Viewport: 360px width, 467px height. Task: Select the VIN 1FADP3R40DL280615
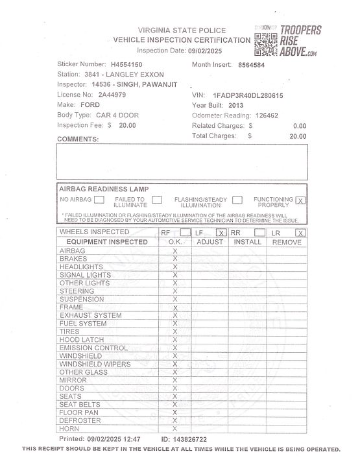tap(248, 95)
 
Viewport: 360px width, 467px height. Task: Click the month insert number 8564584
tap(252, 65)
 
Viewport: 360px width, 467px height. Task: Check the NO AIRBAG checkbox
tap(99, 200)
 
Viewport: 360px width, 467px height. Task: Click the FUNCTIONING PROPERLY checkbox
tap(300, 200)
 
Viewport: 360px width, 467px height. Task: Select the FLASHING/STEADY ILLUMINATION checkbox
tap(237, 200)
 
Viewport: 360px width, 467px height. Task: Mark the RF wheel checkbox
tap(186, 232)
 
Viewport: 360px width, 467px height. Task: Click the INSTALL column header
tap(247, 242)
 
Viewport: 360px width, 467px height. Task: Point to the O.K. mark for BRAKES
tap(174, 259)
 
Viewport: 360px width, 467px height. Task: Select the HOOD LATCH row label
tap(81, 340)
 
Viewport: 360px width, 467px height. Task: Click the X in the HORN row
tap(174, 429)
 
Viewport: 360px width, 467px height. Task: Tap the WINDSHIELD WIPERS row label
tap(95, 365)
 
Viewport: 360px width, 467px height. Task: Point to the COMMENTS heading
tap(78, 139)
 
